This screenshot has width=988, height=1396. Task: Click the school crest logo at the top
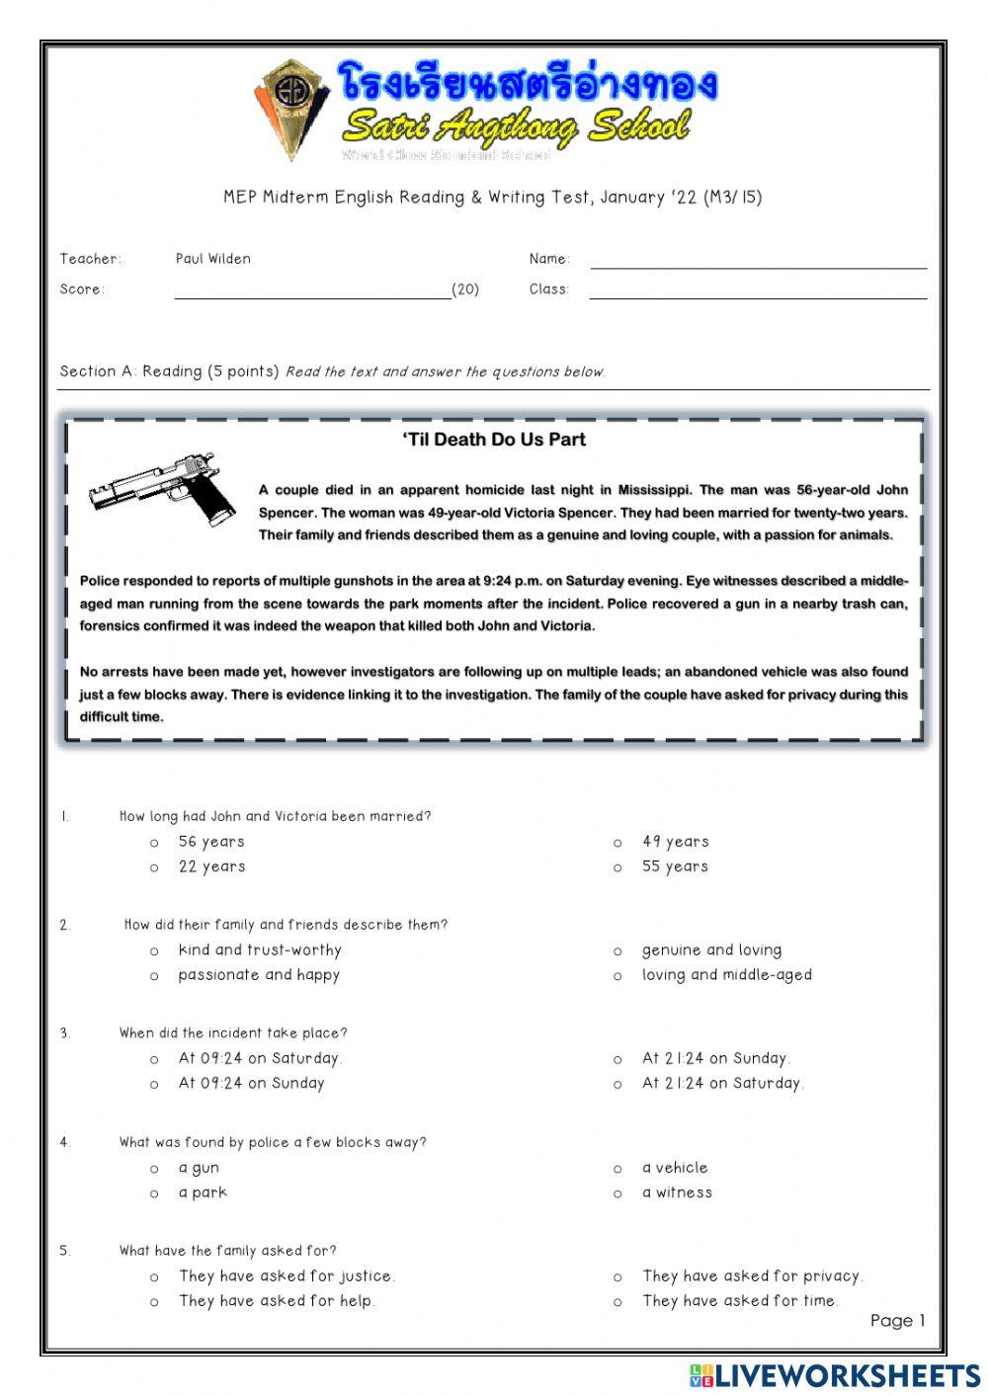pos(292,108)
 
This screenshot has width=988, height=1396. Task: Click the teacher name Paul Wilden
pos(213,259)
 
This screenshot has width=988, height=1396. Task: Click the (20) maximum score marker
pos(465,289)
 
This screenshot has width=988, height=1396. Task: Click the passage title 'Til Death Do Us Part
pos(493,440)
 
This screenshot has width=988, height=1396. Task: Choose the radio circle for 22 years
pos(154,868)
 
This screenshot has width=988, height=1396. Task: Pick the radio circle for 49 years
pos(617,844)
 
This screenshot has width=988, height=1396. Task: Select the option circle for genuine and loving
pos(617,951)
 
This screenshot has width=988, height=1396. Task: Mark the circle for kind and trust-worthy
pos(154,951)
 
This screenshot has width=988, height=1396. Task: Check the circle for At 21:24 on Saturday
pos(617,1085)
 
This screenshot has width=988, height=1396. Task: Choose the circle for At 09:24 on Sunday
pos(154,1085)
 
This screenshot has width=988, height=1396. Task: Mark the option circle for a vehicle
pos(617,1169)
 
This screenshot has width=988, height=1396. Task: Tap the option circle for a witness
pos(617,1194)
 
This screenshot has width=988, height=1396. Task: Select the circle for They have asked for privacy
pos(617,1277)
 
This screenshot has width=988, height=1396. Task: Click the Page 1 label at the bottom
pos(897,1321)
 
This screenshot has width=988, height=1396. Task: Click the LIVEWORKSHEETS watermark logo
pos(835,1375)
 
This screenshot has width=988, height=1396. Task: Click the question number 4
pos(64,1142)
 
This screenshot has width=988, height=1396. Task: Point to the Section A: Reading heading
pos(169,371)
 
